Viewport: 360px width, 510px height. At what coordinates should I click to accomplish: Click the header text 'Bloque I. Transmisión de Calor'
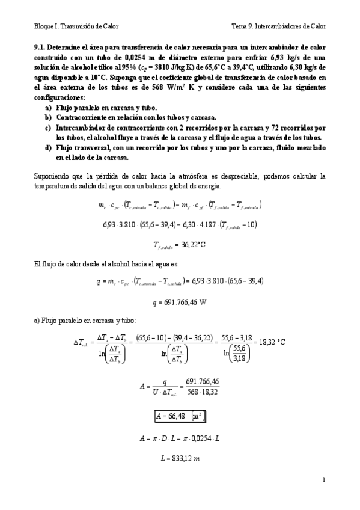tap(76, 26)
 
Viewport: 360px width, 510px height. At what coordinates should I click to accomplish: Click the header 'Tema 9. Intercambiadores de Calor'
tap(279, 26)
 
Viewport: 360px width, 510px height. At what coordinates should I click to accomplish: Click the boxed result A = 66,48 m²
tap(180, 415)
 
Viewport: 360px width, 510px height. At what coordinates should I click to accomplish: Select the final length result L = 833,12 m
tap(179, 459)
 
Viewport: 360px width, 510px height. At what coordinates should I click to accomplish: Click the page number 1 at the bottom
tap(323, 480)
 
